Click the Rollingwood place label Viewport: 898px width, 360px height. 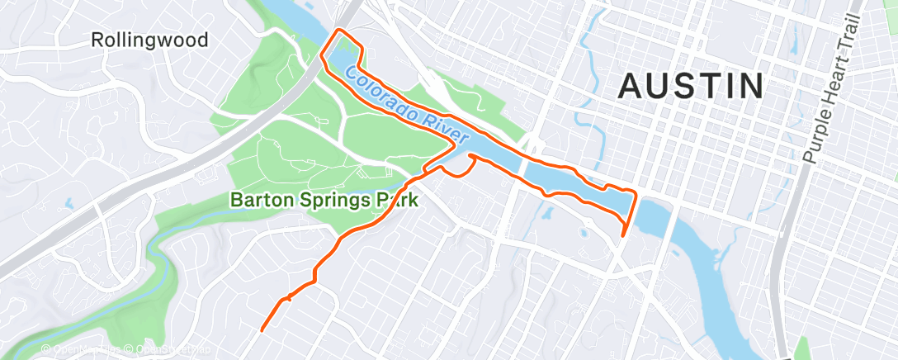click(149, 40)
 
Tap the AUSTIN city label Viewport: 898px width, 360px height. click(691, 86)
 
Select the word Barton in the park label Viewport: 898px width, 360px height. click(258, 200)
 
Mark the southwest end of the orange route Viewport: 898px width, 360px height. click(262, 330)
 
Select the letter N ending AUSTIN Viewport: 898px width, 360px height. click(751, 86)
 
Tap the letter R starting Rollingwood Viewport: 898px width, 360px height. click(97, 40)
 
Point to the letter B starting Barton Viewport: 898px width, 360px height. click(236, 200)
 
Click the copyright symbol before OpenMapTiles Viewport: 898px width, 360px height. click(46, 350)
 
